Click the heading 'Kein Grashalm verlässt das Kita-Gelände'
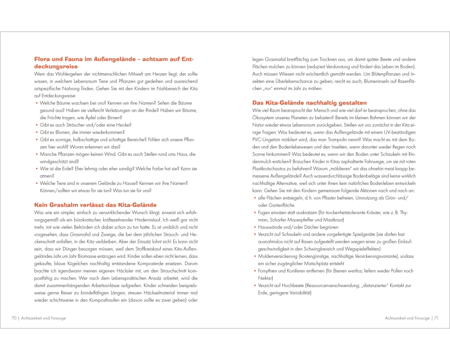[x=95, y=204]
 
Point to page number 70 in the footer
[x=14, y=318]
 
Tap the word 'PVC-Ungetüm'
[x=270, y=139]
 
